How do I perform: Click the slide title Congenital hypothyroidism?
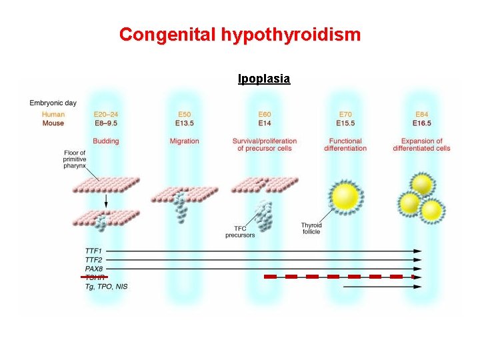point(240,34)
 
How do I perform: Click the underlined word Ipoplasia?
point(264,79)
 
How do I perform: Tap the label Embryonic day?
point(53,103)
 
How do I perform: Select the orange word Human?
point(53,115)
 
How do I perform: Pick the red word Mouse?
point(53,123)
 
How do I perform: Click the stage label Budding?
point(106,141)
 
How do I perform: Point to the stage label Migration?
point(184,141)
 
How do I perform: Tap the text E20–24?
point(106,115)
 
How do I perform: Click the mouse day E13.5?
point(184,123)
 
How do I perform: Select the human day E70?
point(345,115)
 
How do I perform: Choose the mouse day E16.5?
point(421,123)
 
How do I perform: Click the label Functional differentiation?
point(345,145)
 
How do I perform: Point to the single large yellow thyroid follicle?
point(345,195)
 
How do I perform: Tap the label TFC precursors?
point(240,231)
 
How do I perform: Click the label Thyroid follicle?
point(311,228)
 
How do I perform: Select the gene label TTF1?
point(94,251)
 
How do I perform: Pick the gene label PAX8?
point(94,269)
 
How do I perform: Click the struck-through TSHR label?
point(94,277)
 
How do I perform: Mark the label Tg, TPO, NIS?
point(106,286)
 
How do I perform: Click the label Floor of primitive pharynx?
point(74,160)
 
